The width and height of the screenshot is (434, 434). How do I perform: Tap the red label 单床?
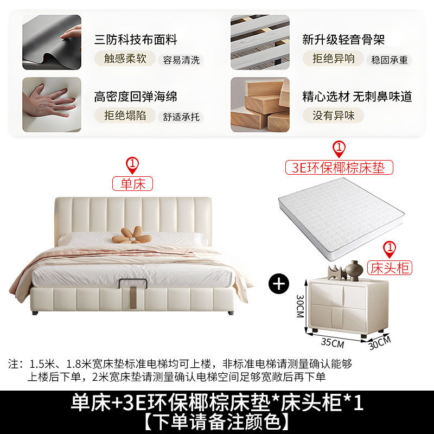[x=133, y=184]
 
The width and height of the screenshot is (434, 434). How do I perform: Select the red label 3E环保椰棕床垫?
[x=339, y=167]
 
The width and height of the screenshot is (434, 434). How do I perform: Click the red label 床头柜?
[x=389, y=267]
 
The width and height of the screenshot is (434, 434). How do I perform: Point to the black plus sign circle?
[x=279, y=285]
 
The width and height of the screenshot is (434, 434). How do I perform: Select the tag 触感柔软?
[x=125, y=59]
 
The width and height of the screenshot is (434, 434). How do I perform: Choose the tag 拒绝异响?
[x=333, y=58]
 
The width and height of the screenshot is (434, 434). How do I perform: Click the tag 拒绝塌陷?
[x=125, y=115]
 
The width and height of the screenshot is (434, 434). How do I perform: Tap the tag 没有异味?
[x=333, y=115]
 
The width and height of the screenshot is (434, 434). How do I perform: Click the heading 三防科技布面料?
[x=136, y=40]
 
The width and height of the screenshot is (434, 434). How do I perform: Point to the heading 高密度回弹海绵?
[x=136, y=97]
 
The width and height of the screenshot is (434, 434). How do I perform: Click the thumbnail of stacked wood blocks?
[x=260, y=105]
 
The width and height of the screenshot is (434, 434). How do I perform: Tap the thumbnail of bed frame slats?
[x=260, y=42]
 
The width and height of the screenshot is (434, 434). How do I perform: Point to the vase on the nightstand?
[x=355, y=270]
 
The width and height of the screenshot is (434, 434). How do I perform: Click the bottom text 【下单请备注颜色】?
[x=217, y=420]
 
